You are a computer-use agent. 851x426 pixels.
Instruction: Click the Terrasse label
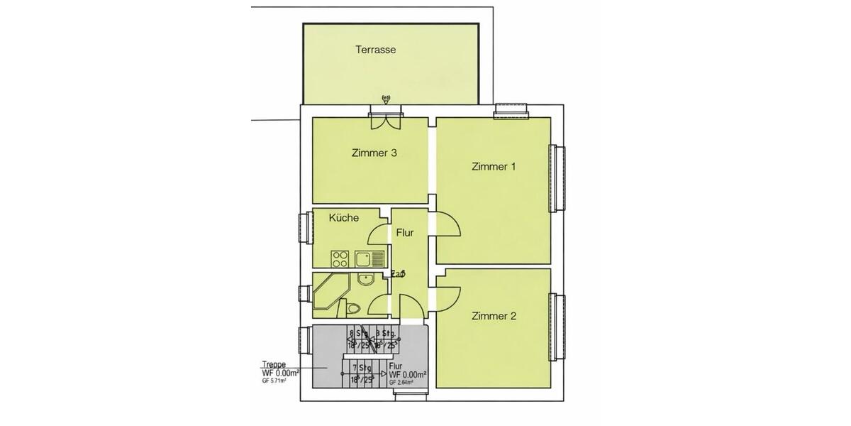[375, 50]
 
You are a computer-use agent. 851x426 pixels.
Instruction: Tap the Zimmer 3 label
[373, 153]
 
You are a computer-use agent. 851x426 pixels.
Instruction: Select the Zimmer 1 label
[493, 167]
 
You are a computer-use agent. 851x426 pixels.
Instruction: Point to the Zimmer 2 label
[493, 316]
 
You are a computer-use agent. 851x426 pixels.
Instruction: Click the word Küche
[343, 218]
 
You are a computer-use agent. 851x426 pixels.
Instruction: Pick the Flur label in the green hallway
[404, 232]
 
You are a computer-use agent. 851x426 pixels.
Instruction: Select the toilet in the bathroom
[354, 308]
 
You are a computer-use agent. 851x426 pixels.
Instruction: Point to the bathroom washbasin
[366, 279]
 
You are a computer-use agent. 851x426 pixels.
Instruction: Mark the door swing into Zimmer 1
[447, 227]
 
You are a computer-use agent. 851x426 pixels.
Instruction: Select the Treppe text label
[274, 364]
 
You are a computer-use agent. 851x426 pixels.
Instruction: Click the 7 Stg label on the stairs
[362, 368]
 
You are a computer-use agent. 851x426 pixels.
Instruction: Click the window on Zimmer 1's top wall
[511, 109]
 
